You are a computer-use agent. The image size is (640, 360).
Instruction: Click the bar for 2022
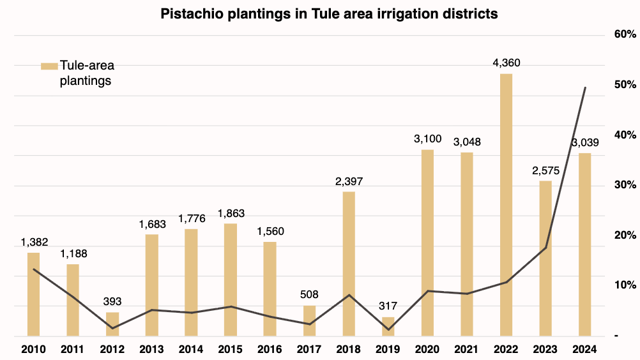coord(506,204)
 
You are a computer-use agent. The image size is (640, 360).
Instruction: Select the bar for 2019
coord(388,326)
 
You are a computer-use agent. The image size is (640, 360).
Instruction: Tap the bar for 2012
coord(112,324)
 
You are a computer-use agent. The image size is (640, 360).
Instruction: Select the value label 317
coord(388,306)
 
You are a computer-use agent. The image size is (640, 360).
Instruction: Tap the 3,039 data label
coord(584,142)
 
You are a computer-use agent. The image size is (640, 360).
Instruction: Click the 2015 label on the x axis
coord(231,349)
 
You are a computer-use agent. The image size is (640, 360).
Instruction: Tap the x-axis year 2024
coord(584,349)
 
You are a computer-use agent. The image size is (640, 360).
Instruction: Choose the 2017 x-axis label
coord(309,349)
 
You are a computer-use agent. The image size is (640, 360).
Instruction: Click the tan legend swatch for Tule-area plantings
coord(49,66)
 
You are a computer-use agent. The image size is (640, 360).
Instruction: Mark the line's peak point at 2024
coord(585,87)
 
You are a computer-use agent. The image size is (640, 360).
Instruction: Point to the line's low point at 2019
coord(388,329)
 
